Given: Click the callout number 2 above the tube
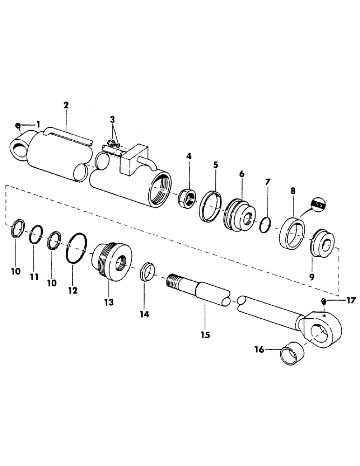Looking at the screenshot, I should point(66,105).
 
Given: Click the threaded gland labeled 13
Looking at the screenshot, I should point(112,262).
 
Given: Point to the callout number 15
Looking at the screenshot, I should point(204,334).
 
